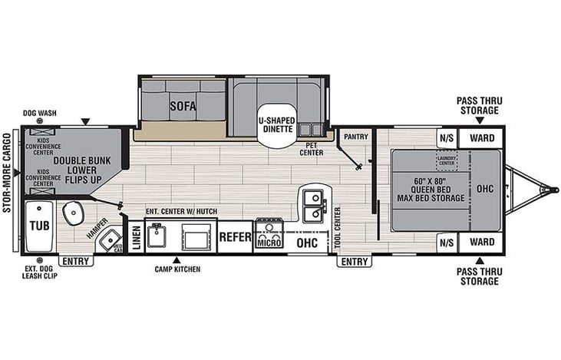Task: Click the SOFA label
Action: pyautogui.click(x=181, y=106)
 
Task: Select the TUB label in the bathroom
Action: pyautogui.click(x=38, y=226)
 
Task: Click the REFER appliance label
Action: pyautogui.click(x=236, y=236)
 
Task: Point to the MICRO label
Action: pyautogui.click(x=269, y=243)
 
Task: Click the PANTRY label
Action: pyautogui.click(x=356, y=137)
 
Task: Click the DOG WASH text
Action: pyautogui.click(x=40, y=114)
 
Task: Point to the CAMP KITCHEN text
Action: pyautogui.click(x=177, y=269)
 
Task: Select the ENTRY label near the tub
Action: pyautogui.click(x=75, y=261)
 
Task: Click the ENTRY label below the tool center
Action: pyautogui.click(x=354, y=262)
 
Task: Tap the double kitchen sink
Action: pyautogui.click(x=312, y=201)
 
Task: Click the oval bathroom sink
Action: pyautogui.click(x=74, y=213)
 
